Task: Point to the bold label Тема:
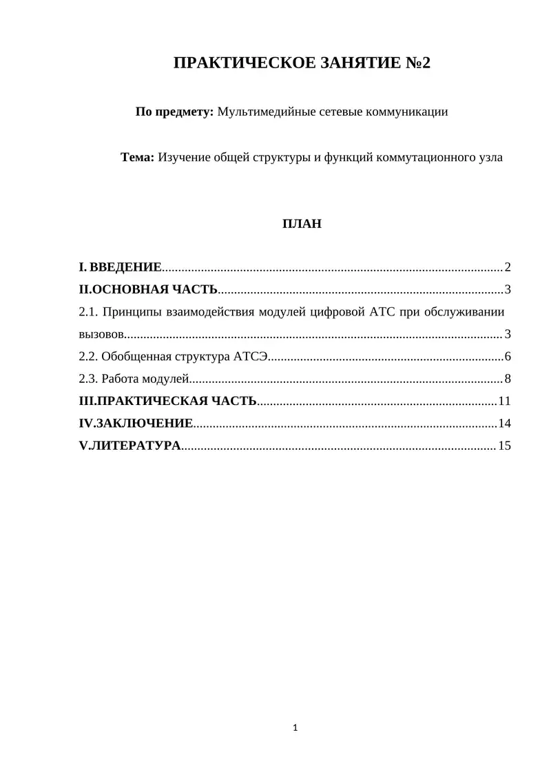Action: (x=138, y=157)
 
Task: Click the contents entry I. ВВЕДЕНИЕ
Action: (x=121, y=267)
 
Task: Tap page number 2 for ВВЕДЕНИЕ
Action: (x=508, y=267)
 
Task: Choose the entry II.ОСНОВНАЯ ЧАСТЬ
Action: (x=149, y=289)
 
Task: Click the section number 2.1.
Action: (x=87, y=312)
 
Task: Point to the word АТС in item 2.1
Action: (x=382, y=312)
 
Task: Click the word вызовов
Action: (x=102, y=335)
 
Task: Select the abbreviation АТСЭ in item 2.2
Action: (x=251, y=357)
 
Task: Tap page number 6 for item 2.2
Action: (x=508, y=357)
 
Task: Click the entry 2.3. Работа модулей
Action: (x=134, y=379)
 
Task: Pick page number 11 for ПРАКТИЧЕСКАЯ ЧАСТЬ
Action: (x=505, y=401)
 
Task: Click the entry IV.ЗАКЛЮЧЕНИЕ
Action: (x=136, y=423)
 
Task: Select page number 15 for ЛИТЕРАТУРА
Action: (x=505, y=446)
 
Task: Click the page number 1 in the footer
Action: (x=295, y=727)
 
